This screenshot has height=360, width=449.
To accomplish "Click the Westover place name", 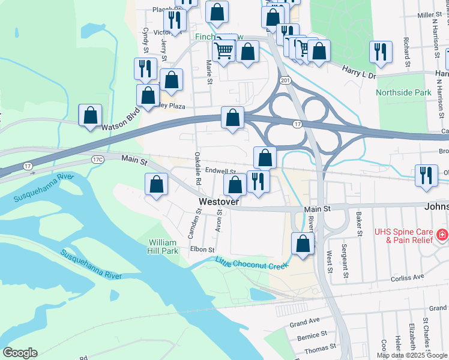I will (x=220, y=202).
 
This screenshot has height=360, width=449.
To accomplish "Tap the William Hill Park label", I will (x=163, y=247).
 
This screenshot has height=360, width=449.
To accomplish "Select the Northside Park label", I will (x=403, y=93).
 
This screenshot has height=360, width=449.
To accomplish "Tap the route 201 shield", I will (x=285, y=80).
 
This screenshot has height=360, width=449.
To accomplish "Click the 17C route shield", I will (x=98, y=159).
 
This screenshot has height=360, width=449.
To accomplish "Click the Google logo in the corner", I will (x=20, y=353).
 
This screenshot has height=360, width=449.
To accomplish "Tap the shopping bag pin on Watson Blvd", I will (x=90, y=115).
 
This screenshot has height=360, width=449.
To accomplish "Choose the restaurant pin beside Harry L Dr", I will (x=381, y=52).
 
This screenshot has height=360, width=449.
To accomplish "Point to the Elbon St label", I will (x=202, y=250).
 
